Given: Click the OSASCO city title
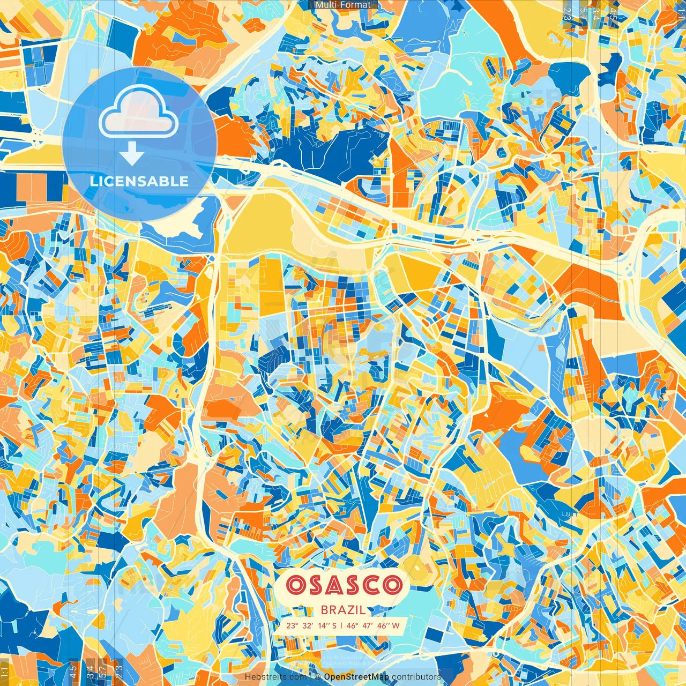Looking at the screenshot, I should pyautogui.click(x=344, y=585).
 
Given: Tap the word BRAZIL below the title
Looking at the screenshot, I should pyautogui.click(x=344, y=609).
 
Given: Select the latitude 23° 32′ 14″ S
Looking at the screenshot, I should pyautogui.click(x=311, y=625).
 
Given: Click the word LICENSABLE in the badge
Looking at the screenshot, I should pyautogui.click(x=139, y=181).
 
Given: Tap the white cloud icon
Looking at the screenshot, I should pyautogui.click(x=139, y=111).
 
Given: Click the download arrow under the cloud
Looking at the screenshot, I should pyautogui.click(x=132, y=154).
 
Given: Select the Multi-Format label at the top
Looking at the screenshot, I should pyautogui.click(x=343, y=5).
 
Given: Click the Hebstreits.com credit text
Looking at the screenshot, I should pyautogui.click(x=275, y=677).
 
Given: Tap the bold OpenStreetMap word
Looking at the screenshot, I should pyautogui.click(x=356, y=677).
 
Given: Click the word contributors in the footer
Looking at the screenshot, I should pyautogui.click(x=416, y=677).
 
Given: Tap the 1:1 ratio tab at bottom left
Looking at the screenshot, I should pyautogui.click(x=4, y=671).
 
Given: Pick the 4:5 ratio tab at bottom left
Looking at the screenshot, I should pyautogui.click(x=73, y=671).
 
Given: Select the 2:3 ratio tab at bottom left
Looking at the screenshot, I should pyautogui.click(x=119, y=671).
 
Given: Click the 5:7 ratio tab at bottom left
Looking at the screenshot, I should pyautogui.click(x=103, y=671).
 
